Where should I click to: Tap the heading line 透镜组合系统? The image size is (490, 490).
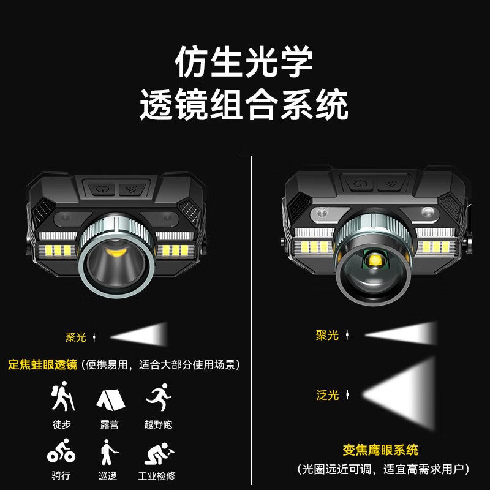(244, 105)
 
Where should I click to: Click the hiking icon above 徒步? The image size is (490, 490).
(62, 397)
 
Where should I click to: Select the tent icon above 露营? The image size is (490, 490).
(110, 399)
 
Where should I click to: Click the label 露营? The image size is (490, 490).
(110, 424)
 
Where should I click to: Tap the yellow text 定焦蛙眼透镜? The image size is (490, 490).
(42, 365)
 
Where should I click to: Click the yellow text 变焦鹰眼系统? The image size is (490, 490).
(381, 450)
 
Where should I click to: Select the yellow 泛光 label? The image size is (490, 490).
(327, 395)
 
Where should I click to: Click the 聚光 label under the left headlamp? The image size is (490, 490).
(76, 337)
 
